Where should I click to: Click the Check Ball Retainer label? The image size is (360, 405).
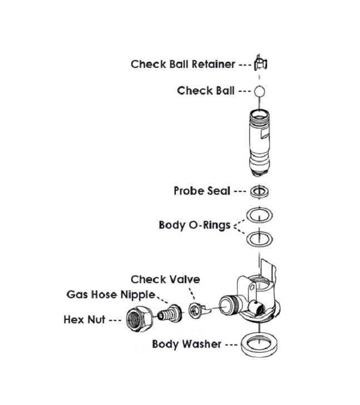183,64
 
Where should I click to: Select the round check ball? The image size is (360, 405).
260,90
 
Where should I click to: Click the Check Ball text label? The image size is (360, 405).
206,90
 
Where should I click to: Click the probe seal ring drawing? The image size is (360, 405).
259,191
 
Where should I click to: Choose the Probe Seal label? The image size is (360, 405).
201,191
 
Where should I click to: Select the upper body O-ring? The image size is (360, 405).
259,214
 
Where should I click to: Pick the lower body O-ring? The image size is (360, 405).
259,239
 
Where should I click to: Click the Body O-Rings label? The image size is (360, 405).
194,225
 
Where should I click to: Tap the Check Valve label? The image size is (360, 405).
165,279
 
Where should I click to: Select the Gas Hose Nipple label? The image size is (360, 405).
111,294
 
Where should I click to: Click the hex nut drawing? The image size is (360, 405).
137,319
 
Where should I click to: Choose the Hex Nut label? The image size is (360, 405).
85,320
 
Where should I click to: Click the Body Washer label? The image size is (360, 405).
186,344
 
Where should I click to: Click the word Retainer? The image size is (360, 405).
214,64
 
